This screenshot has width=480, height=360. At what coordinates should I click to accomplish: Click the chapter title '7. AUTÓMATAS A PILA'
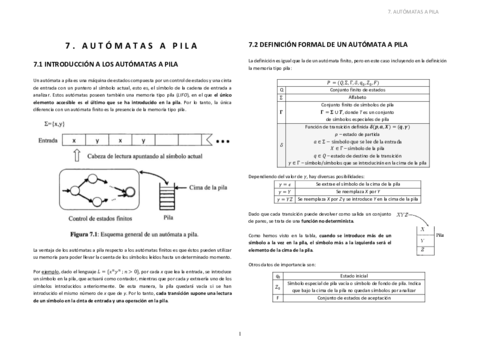point(120,45)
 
